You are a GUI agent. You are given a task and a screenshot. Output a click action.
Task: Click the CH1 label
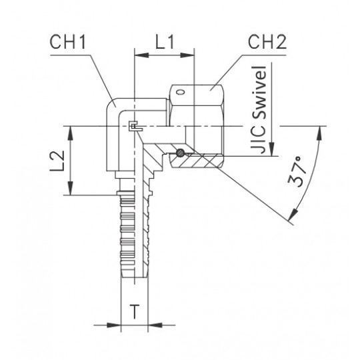[x=68, y=42]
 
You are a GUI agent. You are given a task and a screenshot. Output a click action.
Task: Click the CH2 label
[x=267, y=42]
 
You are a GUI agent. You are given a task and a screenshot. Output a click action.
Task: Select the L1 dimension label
[x=165, y=42]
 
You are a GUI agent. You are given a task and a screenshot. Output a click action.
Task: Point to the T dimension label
[x=135, y=311]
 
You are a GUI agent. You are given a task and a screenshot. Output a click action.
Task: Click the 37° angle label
[x=297, y=171]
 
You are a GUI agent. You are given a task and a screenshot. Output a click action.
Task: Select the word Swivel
[x=259, y=92]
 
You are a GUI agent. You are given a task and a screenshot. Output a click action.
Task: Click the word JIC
[x=259, y=138]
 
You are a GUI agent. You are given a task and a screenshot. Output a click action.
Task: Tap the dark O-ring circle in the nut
[x=180, y=153]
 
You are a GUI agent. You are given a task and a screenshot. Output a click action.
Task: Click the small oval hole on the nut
[x=180, y=92]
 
